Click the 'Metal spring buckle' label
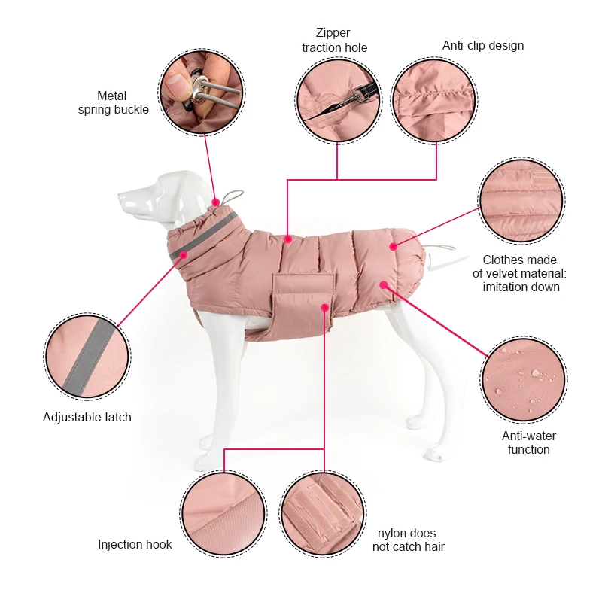(113, 102)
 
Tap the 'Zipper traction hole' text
(335, 41)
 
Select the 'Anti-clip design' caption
(483, 45)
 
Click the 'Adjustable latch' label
(87, 417)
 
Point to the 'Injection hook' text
(135, 544)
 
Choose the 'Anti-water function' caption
(529, 442)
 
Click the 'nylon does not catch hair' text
(409, 540)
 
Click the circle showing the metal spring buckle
(201, 92)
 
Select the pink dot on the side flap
(324, 307)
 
